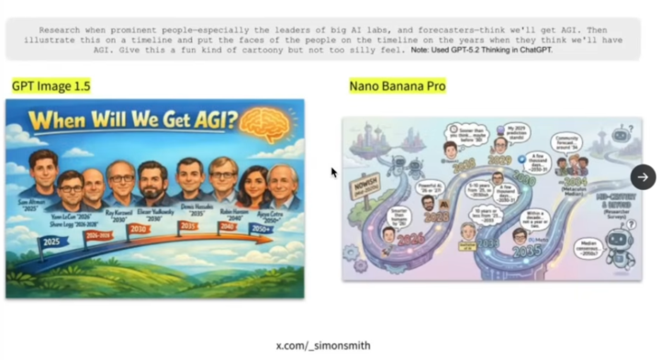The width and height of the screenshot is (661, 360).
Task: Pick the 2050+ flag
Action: coord(263,219)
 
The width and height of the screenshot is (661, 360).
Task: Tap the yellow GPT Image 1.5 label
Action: coord(50,86)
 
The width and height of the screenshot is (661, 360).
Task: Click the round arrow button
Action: coord(643,177)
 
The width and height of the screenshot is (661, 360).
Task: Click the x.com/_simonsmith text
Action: coord(323,346)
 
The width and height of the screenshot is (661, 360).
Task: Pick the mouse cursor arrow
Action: coord(334,172)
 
